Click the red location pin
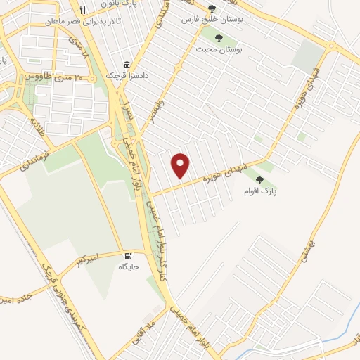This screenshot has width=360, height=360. [x=181, y=165]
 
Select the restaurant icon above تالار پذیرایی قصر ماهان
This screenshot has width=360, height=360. [x=82, y=10]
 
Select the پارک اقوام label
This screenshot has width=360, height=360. [x=264, y=191]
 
